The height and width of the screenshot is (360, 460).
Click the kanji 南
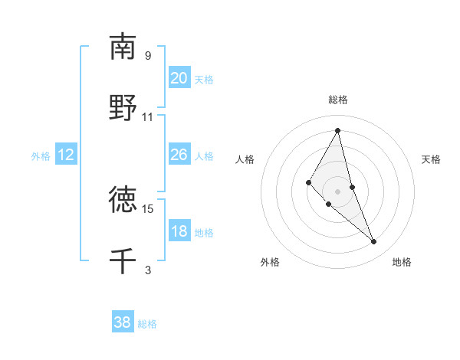point(123,47)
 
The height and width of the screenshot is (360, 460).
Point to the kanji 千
point(123,260)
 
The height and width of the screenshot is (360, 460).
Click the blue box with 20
point(179,78)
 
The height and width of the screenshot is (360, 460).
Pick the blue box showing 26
point(179,155)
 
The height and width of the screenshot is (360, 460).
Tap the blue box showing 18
point(179,231)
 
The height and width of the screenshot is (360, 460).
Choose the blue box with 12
point(65,155)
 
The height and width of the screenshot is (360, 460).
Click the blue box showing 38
point(122,322)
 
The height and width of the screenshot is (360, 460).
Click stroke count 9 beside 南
point(148,56)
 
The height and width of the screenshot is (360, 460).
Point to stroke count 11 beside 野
point(148,117)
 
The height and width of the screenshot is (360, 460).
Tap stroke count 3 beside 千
point(148,270)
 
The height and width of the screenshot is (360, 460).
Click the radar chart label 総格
point(338,100)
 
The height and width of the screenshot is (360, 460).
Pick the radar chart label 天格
point(432,159)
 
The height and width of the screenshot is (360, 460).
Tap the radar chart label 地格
point(402,262)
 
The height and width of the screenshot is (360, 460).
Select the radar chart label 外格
point(270,262)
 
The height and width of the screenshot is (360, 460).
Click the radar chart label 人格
point(245,159)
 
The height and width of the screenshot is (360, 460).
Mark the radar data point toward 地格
point(374,242)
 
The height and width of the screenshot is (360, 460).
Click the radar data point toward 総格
point(338,130)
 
